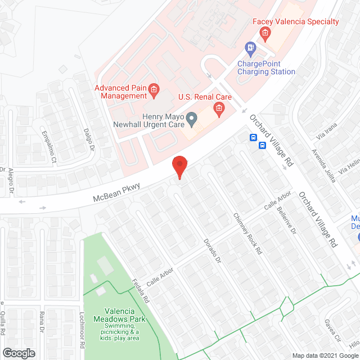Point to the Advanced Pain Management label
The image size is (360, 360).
point(120,92)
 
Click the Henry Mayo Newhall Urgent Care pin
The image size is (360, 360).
point(192,119)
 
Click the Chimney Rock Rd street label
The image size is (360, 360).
point(248,233)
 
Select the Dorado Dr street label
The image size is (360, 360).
point(209,250)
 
